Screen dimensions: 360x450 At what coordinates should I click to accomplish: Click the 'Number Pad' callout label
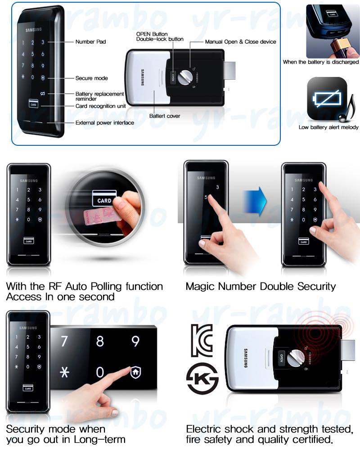tap(90, 41)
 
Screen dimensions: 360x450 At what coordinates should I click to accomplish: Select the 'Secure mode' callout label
tap(92, 78)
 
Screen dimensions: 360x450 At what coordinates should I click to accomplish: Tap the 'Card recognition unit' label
tap(100, 106)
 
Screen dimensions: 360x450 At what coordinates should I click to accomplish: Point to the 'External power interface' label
tap(104, 123)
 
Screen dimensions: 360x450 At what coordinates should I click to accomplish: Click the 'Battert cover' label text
tap(165, 116)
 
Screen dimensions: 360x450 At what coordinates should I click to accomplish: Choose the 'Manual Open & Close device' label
tap(241, 41)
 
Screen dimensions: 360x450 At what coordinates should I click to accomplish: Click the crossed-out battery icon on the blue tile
tap(327, 99)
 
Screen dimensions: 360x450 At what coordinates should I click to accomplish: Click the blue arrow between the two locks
tap(255, 201)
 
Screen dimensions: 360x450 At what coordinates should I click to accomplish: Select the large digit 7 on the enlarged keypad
tap(64, 341)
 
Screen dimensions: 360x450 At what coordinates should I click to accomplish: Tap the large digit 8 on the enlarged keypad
tap(100, 341)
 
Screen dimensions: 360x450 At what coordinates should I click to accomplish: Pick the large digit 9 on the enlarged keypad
tap(135, 341)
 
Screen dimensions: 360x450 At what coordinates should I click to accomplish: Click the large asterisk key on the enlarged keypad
tap(65, 373)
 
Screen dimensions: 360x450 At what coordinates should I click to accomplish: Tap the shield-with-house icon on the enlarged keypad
tap(135, 372)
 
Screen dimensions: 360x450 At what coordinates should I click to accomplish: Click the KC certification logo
tap(202, 341)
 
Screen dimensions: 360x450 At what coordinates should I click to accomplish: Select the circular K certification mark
tap(202, 379)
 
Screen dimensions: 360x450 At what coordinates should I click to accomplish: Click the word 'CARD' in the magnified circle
tap(104, 201)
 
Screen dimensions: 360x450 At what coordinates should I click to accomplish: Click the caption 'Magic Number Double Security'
tap(261, 286)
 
